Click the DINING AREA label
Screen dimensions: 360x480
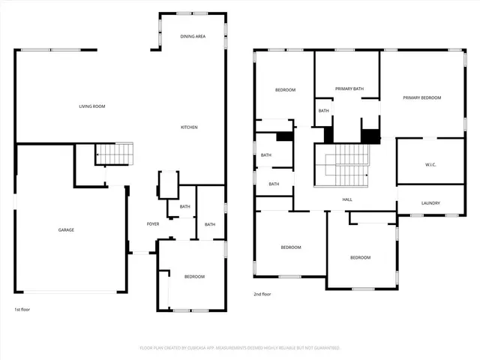[193, 36]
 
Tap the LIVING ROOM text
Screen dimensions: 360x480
[92, 106]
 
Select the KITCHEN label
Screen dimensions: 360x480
[189, 127]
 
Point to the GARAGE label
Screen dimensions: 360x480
[66, 229]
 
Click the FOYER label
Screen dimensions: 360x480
[152, 224]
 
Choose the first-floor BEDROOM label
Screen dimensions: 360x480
[194, 277]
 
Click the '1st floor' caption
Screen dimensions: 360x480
[22, 310]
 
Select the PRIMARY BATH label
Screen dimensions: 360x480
[349, 89]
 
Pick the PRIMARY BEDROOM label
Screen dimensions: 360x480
[421, 98]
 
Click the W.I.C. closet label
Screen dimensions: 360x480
[430, 165]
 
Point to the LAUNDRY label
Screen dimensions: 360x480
[430, 203]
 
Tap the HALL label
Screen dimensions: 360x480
[347, 199]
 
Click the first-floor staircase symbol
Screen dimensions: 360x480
[115, 154]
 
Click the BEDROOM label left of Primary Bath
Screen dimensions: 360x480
[285, 90]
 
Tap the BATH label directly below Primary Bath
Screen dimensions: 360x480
[323, 111]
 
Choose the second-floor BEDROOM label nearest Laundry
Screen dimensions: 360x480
[360, 257]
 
